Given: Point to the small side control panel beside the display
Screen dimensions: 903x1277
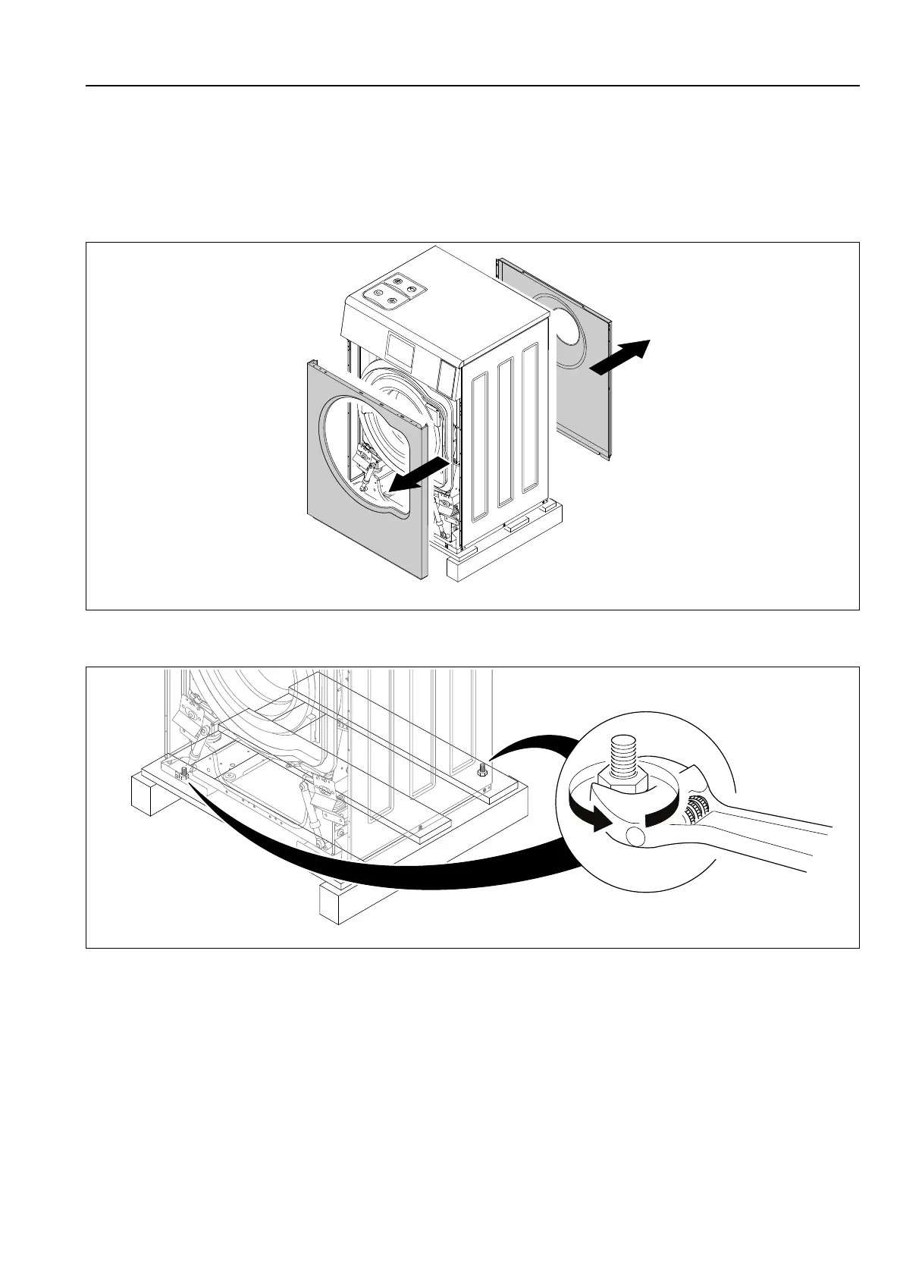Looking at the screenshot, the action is (x=448, y=375).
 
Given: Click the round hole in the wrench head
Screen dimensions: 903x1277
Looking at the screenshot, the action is (x=635, y=836).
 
